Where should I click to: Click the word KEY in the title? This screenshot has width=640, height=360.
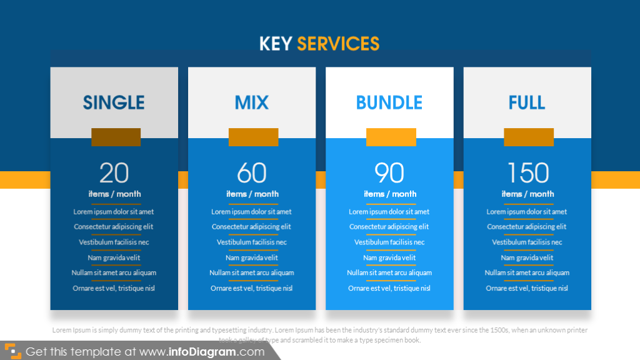(276, 43)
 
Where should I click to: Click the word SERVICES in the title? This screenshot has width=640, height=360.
(338, 43)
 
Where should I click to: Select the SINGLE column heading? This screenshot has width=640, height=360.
(114, 102)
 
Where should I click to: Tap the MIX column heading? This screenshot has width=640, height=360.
(252, 102)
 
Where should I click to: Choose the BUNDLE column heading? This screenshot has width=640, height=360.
(389, 102)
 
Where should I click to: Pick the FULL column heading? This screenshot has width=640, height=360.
(527, 102)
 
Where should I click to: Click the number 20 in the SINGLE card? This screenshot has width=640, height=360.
(114, 173)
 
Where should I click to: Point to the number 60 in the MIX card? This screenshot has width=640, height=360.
(252, 173)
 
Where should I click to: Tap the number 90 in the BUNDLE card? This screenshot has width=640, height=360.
(389, 173)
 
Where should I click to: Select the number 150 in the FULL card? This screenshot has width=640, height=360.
(527, 173)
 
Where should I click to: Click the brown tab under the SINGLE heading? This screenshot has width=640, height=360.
(116, 137)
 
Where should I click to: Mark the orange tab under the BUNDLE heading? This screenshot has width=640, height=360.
(391, 137)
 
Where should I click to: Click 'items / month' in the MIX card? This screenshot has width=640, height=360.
(252, 194)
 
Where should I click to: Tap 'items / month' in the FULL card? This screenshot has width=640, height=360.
(527, 194)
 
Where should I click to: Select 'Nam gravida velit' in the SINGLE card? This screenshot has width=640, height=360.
(114, 257)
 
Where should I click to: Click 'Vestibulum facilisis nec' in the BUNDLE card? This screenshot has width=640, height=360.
(389, 242)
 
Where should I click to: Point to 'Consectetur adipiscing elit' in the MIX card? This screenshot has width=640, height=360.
(251, 227)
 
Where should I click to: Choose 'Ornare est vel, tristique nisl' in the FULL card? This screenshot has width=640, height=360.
(527, 288)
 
